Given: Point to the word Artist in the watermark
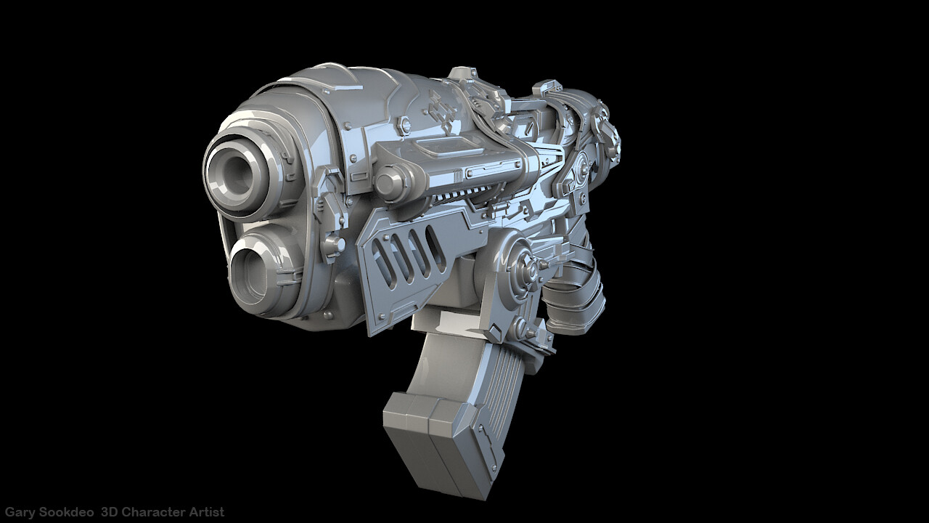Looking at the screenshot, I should tap(207, 512).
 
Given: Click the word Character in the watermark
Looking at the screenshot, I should tap(156, 512).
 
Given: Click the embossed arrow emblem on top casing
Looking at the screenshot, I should tap(440, 112).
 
